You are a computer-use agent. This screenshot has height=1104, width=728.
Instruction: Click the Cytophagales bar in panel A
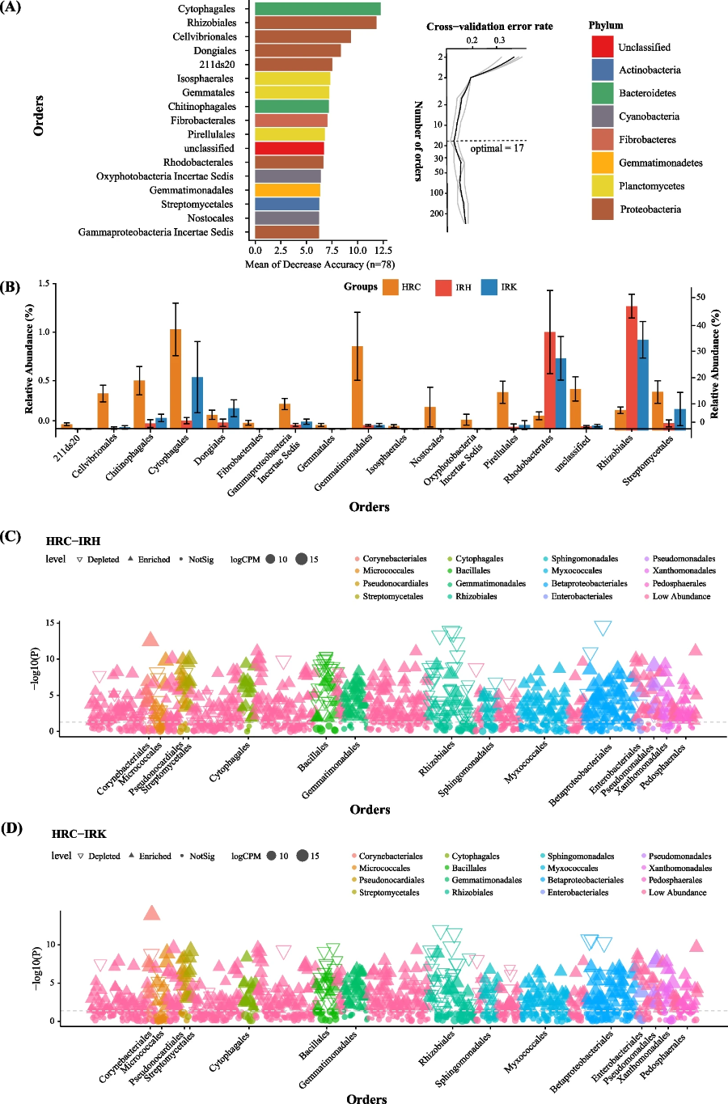click(x=317, y=9)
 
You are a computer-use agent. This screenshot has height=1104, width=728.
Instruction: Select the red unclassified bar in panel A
click(x=289, y=148)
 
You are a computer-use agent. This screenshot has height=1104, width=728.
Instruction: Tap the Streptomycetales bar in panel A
click(x=286, y=204)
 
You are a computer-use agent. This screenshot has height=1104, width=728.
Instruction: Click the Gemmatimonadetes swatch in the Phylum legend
click(x=603, y=163)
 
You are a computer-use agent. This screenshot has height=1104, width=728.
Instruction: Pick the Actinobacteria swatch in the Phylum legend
click(x=603, y=70)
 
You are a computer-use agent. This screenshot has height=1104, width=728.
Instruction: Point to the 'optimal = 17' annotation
click(x=497, y=148)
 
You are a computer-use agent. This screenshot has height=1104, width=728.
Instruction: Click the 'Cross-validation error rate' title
click(x=489, y=26)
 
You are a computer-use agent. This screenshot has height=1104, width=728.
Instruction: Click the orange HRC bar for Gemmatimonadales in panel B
click(x=357, y=387)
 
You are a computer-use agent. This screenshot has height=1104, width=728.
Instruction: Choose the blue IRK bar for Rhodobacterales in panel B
click(x=560, y=393)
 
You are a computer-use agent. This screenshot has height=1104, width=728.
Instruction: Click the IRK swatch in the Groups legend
click(x=489, y=287)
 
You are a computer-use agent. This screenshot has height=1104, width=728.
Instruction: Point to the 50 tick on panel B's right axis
click(x=700, y=298)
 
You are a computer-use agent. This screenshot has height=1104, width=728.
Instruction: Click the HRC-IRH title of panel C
click(x=73, y=541)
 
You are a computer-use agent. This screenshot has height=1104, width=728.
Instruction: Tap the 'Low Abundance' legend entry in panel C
click(x=681, y=596)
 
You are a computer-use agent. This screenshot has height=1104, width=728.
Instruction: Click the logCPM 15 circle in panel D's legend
click(x=302, y=856)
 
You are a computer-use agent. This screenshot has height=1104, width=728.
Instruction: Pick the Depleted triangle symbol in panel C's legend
click(x=79, y=560)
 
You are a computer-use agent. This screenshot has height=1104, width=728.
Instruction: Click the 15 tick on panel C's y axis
click(x=50, y=623)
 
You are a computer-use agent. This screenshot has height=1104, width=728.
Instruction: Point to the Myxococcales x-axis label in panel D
click(x=526, y=1051)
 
